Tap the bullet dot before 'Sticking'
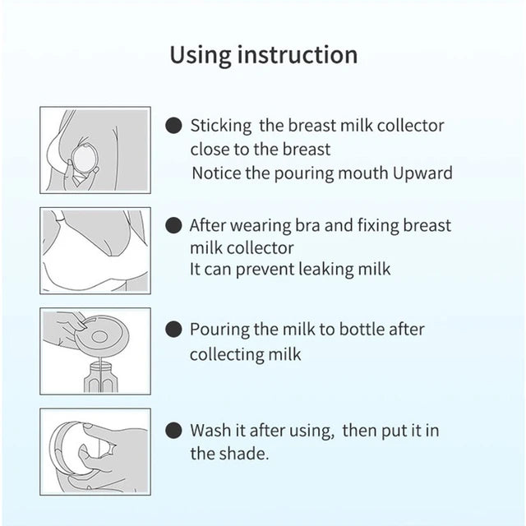[173, 127]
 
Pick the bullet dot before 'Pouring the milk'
[173, 330]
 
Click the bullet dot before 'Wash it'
[173, 430]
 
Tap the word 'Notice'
[215, 173]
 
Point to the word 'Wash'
[209, 430]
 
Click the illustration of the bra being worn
[95, 251]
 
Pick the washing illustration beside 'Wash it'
[95, 451]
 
